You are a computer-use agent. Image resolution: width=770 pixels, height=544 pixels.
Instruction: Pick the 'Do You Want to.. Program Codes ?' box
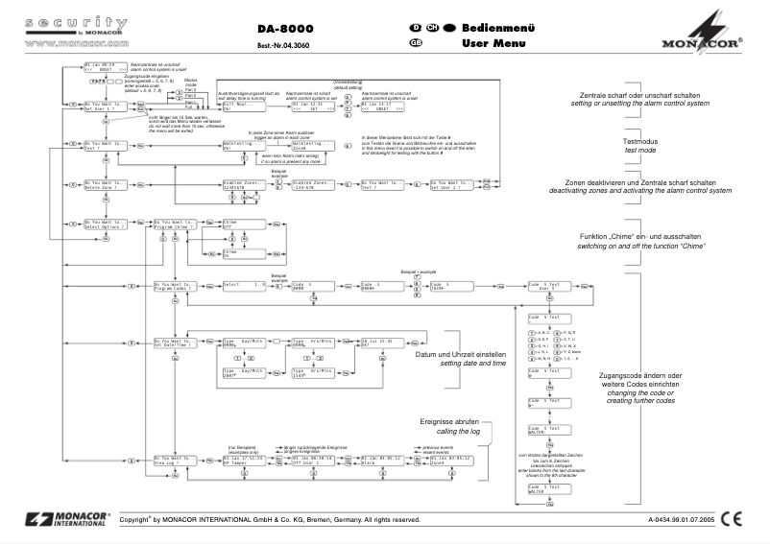(175, 286)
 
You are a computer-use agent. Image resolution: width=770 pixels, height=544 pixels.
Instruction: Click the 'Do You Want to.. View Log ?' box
(174, 434)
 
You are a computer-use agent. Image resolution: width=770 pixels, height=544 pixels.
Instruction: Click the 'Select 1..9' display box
(242, 286)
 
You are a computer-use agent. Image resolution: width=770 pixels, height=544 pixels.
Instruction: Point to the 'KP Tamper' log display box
(243, 434)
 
